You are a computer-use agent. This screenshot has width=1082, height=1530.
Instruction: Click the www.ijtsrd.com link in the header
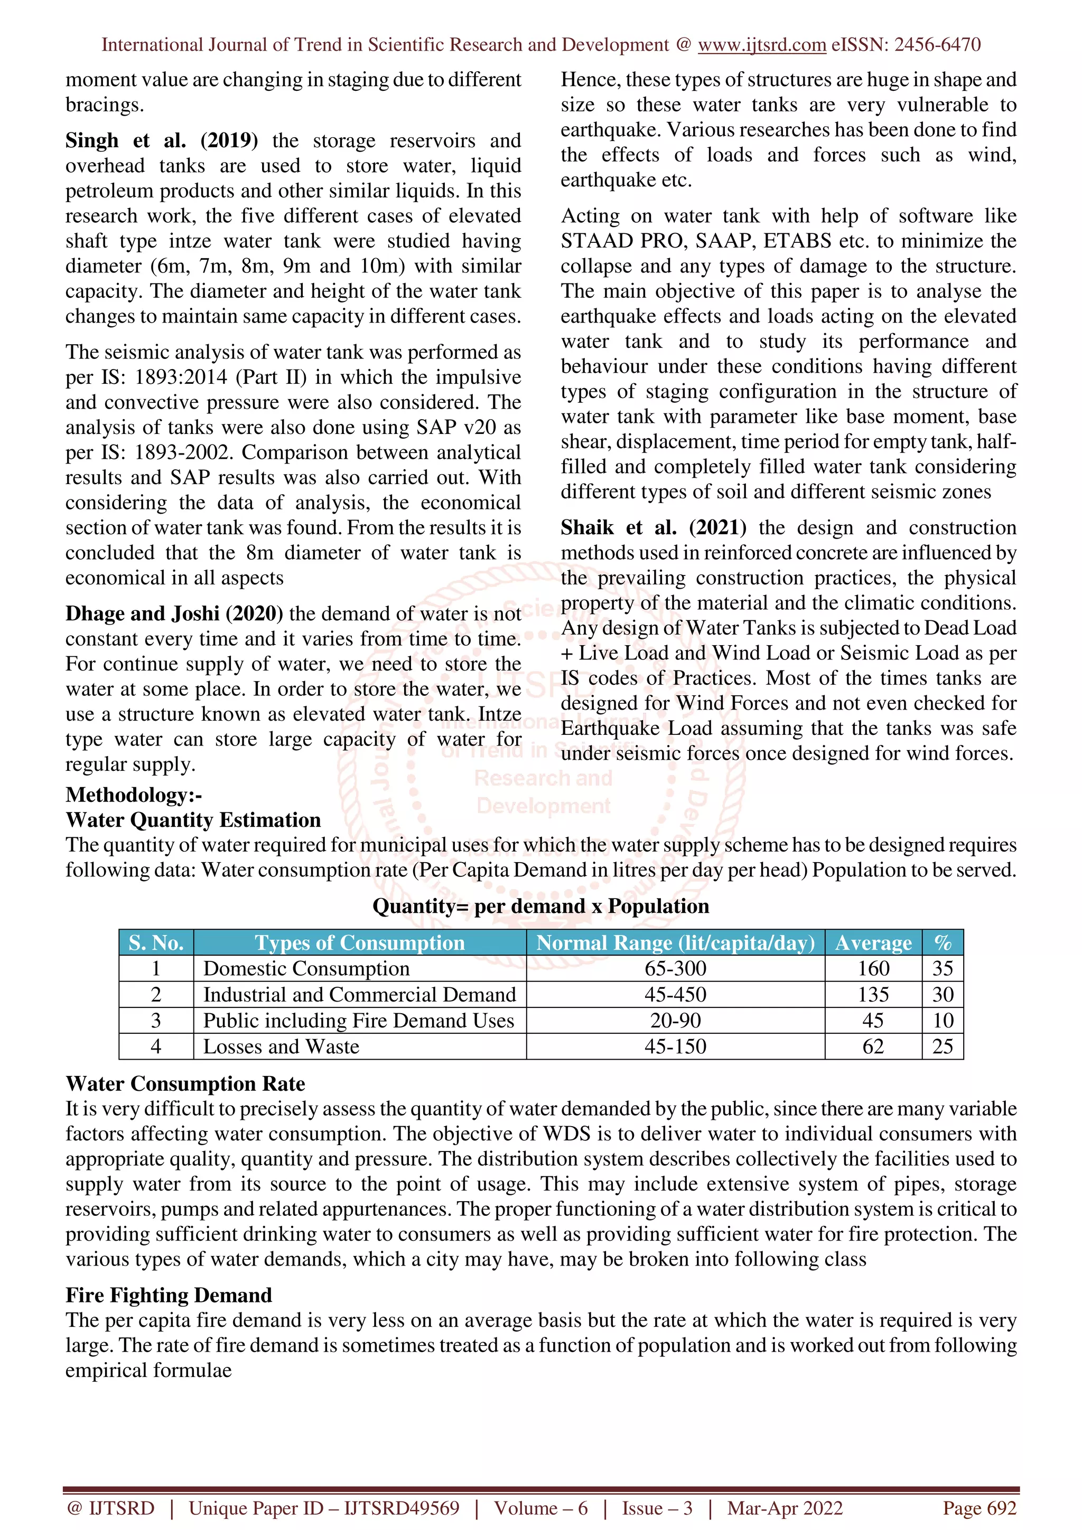pyautogui.click(x=761, y=45)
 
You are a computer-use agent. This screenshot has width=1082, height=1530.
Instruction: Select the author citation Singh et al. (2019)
pyautogui.click(x=161, y=140)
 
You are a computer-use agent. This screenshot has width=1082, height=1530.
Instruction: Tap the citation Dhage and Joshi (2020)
pyautogui.click(x=174, y=613)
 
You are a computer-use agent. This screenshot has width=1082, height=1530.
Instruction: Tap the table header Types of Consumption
pyautogui.click(x=359, y=942)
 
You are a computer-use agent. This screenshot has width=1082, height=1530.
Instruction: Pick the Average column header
pyautogui.click(x=873, y=942)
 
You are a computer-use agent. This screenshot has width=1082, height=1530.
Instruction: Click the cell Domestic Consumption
pyautogui.click(x=306, y=968)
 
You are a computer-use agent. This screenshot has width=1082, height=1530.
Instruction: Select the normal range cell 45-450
pyautogui.click(x=675, y=994)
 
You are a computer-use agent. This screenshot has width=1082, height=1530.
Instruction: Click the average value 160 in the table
pyautogui.click(x=873, y=968)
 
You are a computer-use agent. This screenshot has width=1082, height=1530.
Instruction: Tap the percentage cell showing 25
pyautogui.click(x=942, y=1046)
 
